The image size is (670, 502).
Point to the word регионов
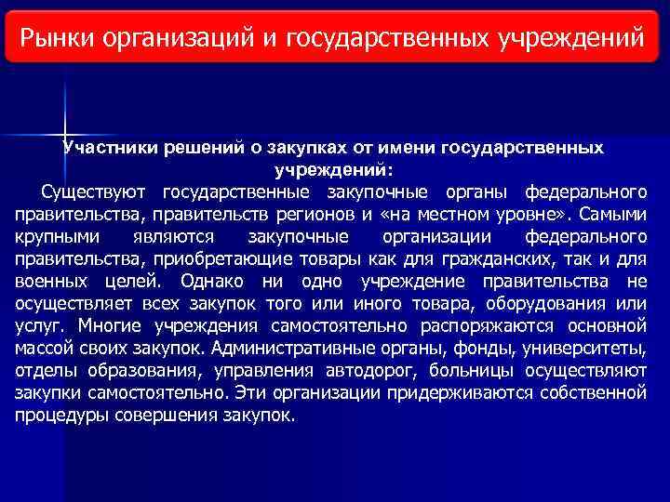(x=330, y=215)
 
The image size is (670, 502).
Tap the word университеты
(x=587, y=348)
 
